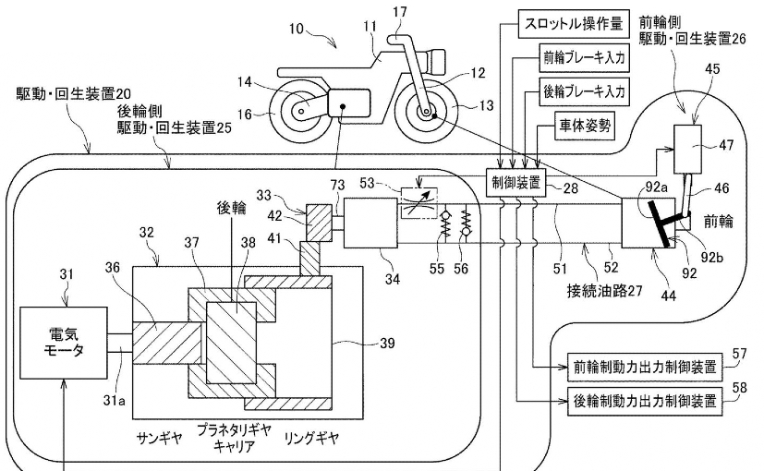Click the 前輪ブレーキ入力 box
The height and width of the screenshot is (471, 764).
click(583, 57)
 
